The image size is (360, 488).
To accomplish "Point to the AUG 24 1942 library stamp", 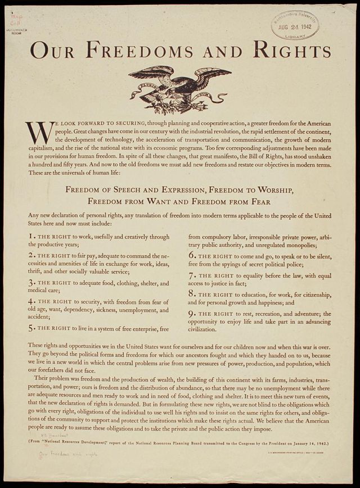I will click(295, 26).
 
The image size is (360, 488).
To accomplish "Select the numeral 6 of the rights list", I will click(191, 255).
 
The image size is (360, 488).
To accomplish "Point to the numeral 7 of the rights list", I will click(191, 275).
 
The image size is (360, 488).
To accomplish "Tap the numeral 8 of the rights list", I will click(191, 293).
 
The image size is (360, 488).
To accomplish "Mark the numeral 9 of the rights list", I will click(191, 313).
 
